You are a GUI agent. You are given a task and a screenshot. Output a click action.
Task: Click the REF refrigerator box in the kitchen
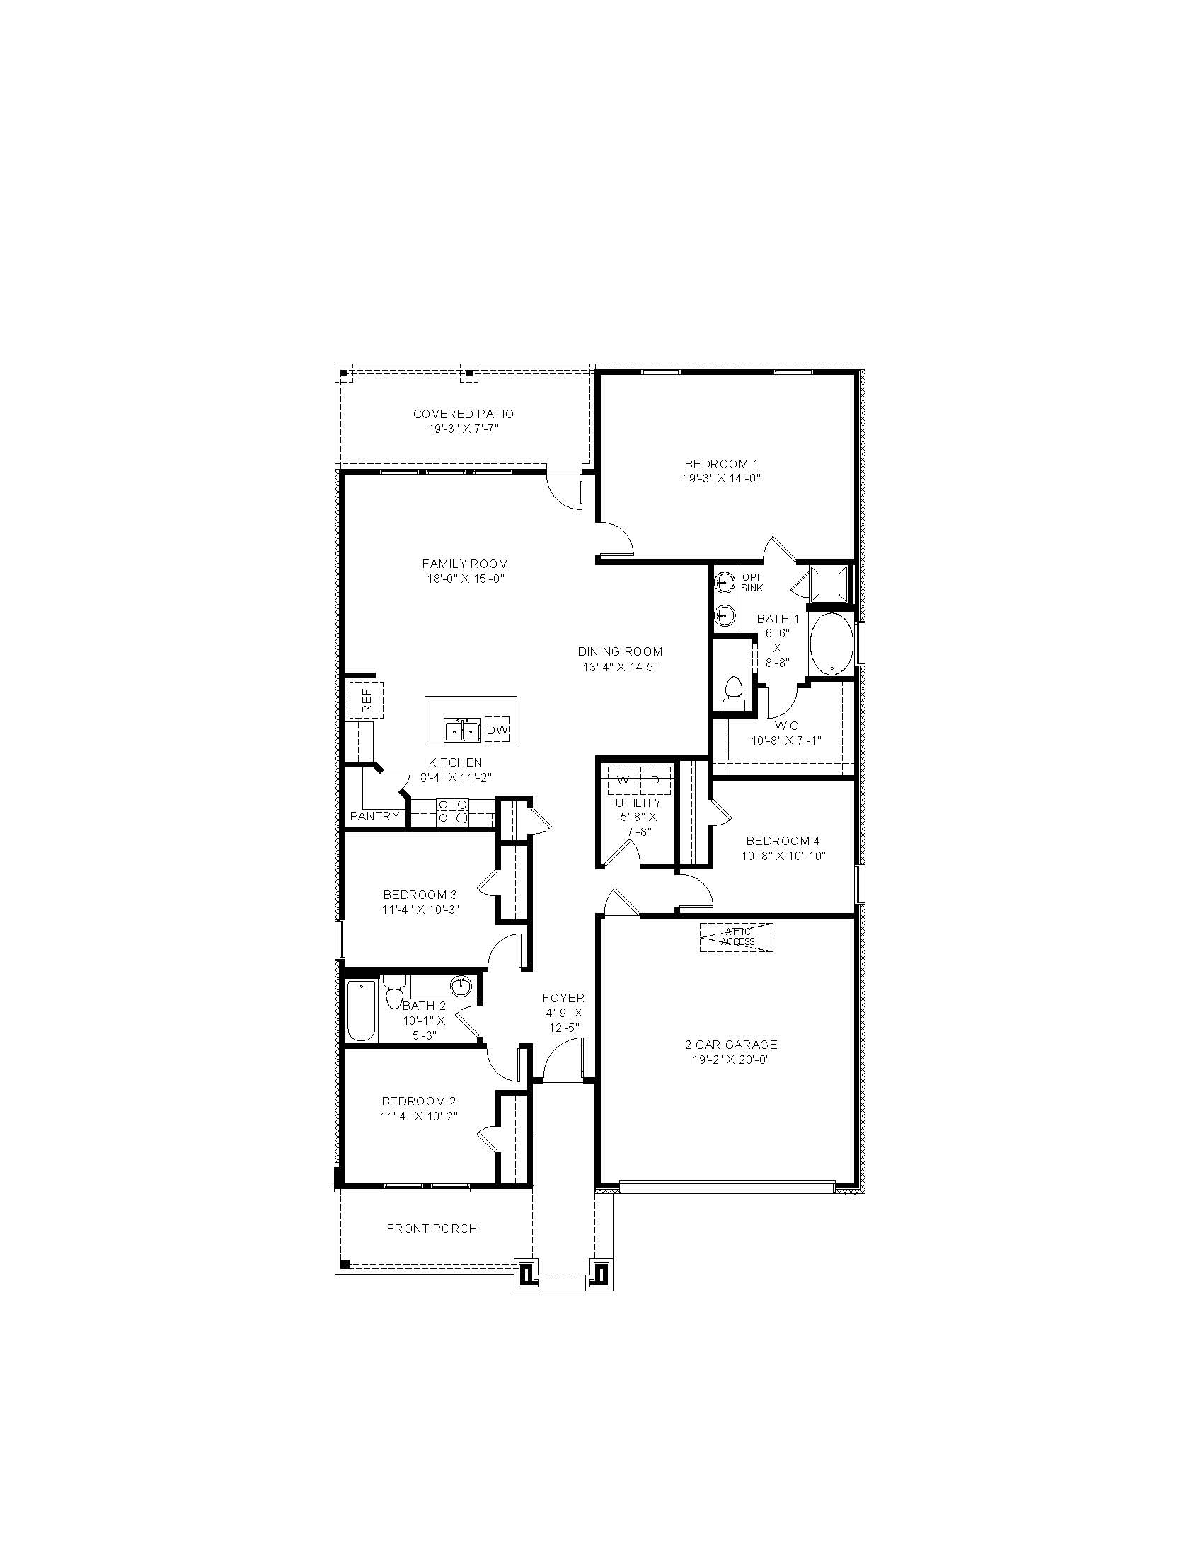pos(367,700)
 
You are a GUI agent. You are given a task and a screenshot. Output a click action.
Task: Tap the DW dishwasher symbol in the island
pos(497,730)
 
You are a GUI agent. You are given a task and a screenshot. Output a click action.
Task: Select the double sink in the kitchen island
pos(462,731)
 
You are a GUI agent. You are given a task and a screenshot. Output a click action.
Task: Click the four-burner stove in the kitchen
pos(454,811)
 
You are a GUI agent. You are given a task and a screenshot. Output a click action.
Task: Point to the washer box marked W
pos(623,780)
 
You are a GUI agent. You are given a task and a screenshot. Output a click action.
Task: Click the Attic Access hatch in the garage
pos(737,937)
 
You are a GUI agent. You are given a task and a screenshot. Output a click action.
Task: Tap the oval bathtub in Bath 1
pos(831,644)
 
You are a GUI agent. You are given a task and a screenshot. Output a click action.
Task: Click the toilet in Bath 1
pos(732,693)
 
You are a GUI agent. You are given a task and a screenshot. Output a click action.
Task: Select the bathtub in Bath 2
pos(361,1010)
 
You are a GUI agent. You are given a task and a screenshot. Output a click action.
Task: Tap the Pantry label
pos(375,816)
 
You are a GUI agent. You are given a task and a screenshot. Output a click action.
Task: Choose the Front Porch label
pos(432,1229)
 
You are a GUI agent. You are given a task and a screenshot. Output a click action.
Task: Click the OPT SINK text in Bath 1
pos(752,582)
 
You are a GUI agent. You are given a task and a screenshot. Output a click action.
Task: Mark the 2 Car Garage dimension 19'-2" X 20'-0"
pos(731,1059)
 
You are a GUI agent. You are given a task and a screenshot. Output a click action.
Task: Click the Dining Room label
pos(620,651)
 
